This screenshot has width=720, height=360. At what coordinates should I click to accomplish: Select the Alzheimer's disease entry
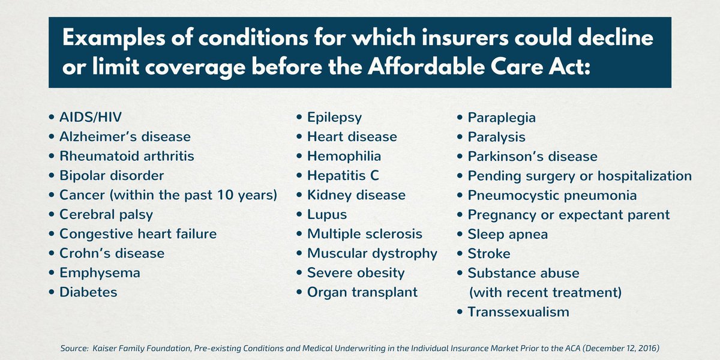point(125,137)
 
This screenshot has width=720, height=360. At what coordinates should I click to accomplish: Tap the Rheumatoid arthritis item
point(127,156)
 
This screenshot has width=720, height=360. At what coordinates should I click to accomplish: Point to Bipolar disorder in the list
point(112,176)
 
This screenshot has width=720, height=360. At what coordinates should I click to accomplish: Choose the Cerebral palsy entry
point(106,214)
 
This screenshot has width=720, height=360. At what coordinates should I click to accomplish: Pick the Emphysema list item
point(100,272)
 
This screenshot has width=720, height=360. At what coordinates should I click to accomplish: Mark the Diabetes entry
point(88,292)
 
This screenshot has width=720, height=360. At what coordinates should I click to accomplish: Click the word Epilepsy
point(334,118)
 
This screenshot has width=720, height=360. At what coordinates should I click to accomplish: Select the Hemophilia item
point(344,156)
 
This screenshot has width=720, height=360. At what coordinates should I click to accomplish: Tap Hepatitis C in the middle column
point(343,176)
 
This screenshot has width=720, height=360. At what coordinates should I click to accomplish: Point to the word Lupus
point(327,214)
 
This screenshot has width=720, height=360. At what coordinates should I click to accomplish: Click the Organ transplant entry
point(362,292)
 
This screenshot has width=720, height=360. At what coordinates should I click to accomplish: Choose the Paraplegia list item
point(502,118)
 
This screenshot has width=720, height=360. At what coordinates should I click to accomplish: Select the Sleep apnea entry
point(508,234)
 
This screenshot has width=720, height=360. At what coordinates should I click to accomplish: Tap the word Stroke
point(489,253)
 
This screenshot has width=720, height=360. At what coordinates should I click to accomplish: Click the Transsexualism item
point(518,312)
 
